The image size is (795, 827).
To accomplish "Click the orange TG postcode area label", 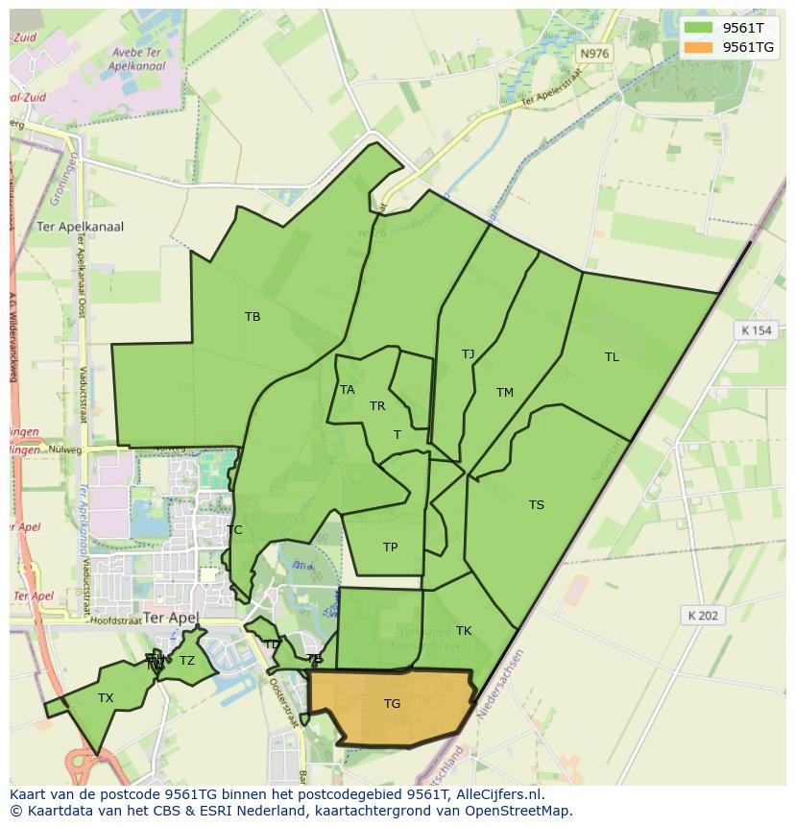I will pos(392,704).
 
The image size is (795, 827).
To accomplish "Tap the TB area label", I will pos(253,317).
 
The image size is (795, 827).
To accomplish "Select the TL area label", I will pos(612,357).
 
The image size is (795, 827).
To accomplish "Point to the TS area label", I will pos(536,505).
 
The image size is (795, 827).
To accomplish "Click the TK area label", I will pos(464,631).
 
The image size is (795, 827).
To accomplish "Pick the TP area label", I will pos(390,547).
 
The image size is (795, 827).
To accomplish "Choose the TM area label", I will pos(505,393).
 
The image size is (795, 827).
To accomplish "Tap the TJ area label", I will pos(468,354).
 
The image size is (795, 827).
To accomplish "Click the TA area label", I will pos(348,390).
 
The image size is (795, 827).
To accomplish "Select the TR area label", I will pos(377,406).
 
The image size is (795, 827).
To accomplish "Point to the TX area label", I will pos(106,698).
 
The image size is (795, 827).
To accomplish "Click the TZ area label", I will pos(187,661).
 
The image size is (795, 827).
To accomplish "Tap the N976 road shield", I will pos(594,54).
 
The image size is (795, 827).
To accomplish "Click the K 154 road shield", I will pos(756,330).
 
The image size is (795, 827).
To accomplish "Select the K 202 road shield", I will pos(703,616).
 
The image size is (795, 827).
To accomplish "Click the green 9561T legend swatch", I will pos(699,28).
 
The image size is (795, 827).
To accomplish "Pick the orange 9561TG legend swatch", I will pos(699,47).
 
